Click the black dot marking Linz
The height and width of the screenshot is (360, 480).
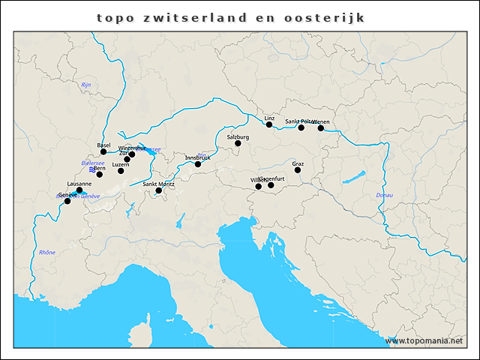269,124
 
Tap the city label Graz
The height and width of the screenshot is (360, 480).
298,163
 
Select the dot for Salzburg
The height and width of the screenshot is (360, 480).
238,143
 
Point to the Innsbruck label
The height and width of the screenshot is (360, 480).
198,157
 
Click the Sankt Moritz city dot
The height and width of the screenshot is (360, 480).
158,190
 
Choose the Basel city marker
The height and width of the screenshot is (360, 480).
103,151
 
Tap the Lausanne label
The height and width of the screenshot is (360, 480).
79,184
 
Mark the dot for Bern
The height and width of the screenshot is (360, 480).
100,175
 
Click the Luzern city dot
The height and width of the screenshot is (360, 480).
121,171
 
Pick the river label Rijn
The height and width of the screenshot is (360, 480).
85,85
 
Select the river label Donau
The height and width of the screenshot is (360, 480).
384,195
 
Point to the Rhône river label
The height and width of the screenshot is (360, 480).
46,253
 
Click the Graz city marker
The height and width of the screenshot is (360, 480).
298,170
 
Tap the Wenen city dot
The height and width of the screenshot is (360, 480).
321,128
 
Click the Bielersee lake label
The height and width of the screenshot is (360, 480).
92,163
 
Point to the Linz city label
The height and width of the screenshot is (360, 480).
270,118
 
